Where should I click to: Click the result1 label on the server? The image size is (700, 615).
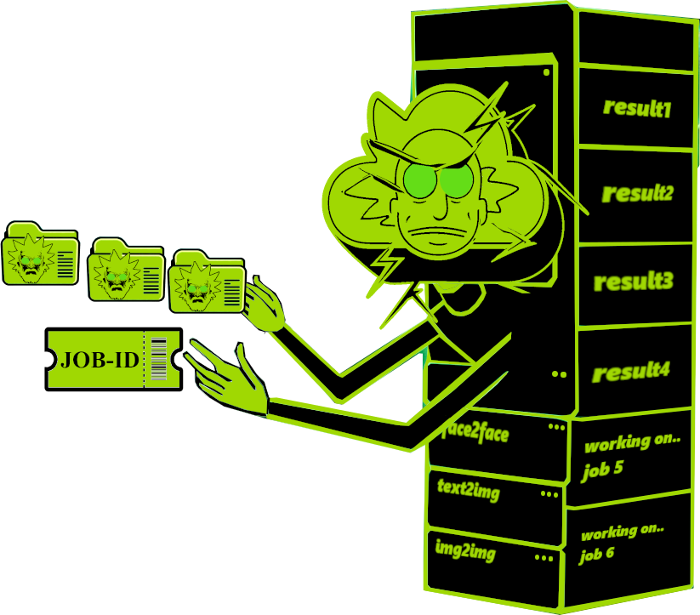click(x=637, y=108)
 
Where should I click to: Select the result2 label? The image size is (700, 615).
click(x=637, y=193)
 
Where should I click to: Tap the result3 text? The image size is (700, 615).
click(x=634, y=281)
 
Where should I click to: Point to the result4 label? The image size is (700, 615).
click(x=631, y=371)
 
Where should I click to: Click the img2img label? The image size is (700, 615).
click(x=465, y=550)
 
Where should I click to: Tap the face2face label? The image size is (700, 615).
click(x=475, y=434)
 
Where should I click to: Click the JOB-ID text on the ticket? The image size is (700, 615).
click(x=100, y=360)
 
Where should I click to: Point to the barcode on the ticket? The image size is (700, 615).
click(x=158, y=359)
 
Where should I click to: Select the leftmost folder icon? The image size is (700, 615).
click(x=40, y=253)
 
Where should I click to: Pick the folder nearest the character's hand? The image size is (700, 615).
click(x=207, y=281)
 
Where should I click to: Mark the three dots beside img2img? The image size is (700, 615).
click(x=543, y=558)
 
